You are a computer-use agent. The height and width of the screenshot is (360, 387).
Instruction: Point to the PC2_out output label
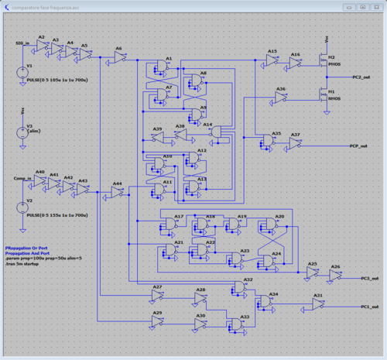click(x=361, y=77)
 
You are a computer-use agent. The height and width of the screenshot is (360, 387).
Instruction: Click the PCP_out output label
click(x=358, y=145)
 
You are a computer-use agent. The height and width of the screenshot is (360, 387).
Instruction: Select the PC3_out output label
click(x=369, y=277)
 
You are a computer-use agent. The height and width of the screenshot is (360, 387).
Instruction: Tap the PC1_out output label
click(x=369, y=307)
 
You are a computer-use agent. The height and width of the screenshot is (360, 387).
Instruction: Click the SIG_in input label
click(x=23, y=44)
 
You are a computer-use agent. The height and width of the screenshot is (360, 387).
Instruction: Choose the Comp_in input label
click(x=22, y=179)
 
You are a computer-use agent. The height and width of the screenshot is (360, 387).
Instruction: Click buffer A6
click(x=120, y=57)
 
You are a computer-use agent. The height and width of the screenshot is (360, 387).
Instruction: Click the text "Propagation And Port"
click(x=29, y=252)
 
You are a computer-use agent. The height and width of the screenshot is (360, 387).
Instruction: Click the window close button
click(x=375, y=6)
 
